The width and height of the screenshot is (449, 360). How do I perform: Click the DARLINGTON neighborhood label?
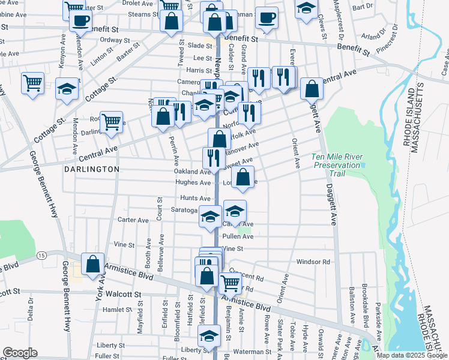click(x=92, y=170)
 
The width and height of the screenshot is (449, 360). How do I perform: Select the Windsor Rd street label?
click(x=313, y=262)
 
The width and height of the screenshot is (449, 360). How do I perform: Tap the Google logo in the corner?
click(x=20, y=352)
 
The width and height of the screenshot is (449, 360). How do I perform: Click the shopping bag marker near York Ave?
click(x=92, y=264)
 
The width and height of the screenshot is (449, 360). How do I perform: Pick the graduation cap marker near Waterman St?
click(x=209, y=336)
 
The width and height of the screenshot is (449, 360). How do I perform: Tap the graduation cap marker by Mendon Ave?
click(x=67, y=89)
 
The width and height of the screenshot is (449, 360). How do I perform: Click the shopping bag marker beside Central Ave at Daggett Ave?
click(x=312, y=89)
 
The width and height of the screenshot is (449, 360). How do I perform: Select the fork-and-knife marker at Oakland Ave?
click(x=213, y=158)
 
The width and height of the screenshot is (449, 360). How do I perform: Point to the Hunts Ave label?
click(x=196, y=198)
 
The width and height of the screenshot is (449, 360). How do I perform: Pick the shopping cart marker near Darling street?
click(x=111, y=122)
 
